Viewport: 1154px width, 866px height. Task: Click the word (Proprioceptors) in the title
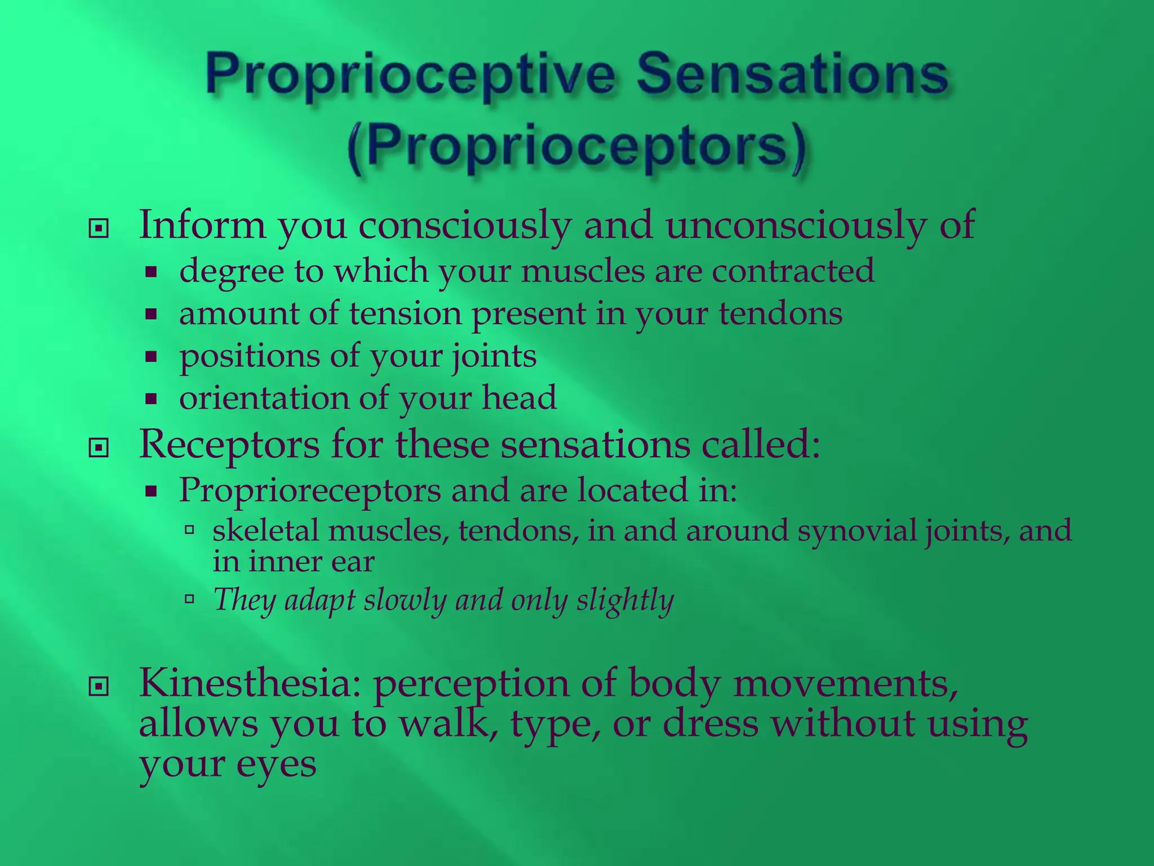pyautogui.click(x=577, y=148)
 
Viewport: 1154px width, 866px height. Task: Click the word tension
pyautogui.click(x=406, y=313)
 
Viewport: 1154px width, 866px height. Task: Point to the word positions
pyautogui.click(x=250, y=357)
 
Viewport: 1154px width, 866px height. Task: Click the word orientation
pyautogui.click(x=264, y=398)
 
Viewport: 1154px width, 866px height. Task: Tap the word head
pyautogui.click(x=519, y=397)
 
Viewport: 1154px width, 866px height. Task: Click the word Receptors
pyautogui.click(x=229, y=445)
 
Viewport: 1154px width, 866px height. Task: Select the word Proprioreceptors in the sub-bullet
pyautogui.click(x=310, y=490)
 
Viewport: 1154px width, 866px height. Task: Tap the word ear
pyautogui.click(x=353, y=562)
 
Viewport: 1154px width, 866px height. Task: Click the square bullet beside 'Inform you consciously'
pyautogui.click(x=99, y=228)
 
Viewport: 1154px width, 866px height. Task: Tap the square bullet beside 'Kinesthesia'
pyautogui.click(x=99, y=686)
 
